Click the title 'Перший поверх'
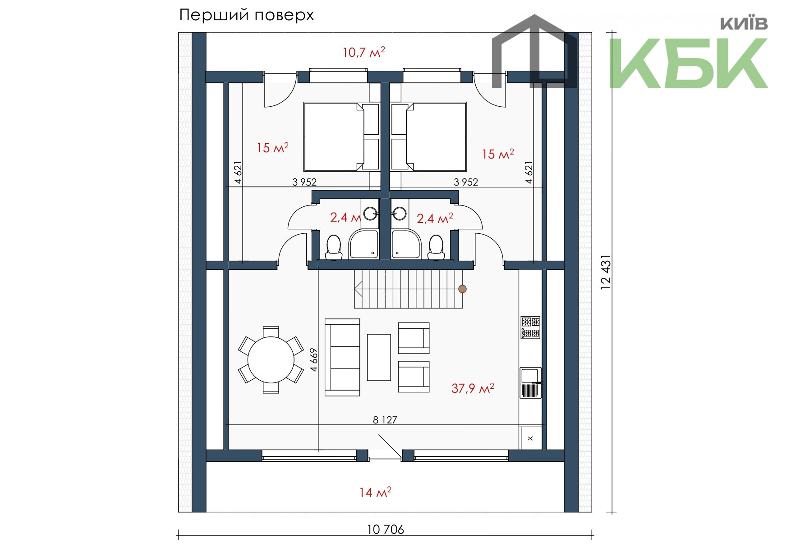[246, 15]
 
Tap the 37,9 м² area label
[473, 388]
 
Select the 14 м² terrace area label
[375, 492]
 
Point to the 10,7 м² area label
[363, 52]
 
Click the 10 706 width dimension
[386, 530]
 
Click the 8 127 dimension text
[385, 420]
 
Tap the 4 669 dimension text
[314, 359]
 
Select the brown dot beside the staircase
[462, 289]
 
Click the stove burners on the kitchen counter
[530, 327]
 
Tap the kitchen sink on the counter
[531, 383]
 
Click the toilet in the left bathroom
[334, 247]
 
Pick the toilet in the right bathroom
[436, 247]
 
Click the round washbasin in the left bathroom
[370, 213]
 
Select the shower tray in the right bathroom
[406, 244]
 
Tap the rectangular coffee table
[379, 357]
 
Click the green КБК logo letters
[689, 63]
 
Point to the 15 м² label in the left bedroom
[272, 148]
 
